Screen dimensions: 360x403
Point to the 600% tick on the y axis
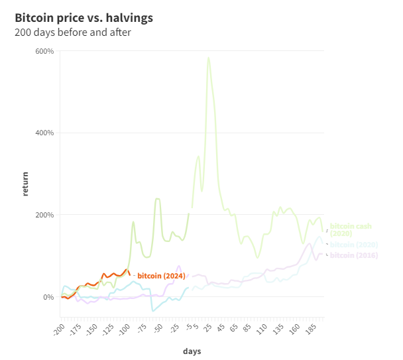point(44,51)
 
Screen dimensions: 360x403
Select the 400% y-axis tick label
point(44,133)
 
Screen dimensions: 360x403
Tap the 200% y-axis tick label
point(44,215)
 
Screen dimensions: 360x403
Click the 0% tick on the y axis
point(48,297)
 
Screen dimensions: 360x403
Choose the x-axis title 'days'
point(192,351)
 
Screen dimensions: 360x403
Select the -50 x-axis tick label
point(156,329)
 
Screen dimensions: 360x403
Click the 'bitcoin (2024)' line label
point(161,275)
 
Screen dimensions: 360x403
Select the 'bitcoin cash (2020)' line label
point(351,230)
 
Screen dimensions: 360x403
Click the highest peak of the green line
point(209,58)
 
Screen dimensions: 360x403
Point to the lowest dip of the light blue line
point(153,310)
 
